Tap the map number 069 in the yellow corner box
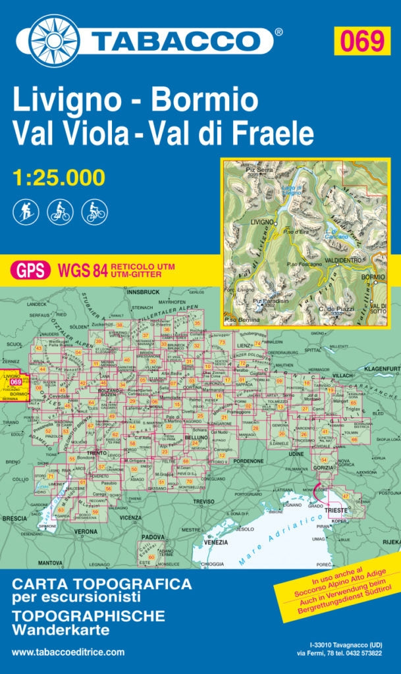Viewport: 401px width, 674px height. click(x=361, y=41)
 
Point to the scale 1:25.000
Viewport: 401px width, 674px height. click(x=59, y=178)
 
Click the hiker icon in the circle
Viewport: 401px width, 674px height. click(x=26, y=211)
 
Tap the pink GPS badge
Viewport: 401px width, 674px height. click(x=30, y=271)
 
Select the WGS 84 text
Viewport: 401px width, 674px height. click(x=82, y=271)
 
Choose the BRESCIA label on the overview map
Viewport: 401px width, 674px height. click(x=14, y=519)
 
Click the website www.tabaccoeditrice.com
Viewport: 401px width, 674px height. click(x=68, y=652)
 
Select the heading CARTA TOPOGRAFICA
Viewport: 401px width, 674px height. click(x=102, y=584)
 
